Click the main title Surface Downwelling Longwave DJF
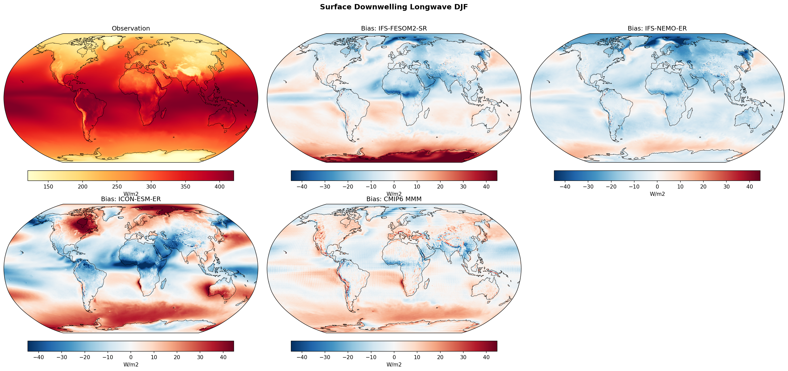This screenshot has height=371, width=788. [394, 7]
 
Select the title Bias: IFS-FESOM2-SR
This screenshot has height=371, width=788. [394, 29]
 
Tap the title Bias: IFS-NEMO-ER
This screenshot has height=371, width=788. [657, 29]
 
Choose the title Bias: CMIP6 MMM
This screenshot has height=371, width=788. [394, 199]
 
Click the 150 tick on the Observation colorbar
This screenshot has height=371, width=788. [48, 187]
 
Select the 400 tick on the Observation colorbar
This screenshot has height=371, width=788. [220, 187]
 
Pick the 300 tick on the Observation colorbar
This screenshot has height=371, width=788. [151, 187]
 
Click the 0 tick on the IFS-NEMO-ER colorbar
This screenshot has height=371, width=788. [657, 187]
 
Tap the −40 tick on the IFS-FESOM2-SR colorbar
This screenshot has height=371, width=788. [302, 187]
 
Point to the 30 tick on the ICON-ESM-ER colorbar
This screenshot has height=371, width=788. [200, 357]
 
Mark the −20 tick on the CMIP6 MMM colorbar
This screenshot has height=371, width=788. [348, 357]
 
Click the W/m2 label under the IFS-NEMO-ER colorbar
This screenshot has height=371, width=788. [657, 194]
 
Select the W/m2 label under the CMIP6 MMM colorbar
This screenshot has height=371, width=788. [394, 365]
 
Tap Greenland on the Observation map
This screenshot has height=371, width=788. [112, 43]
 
